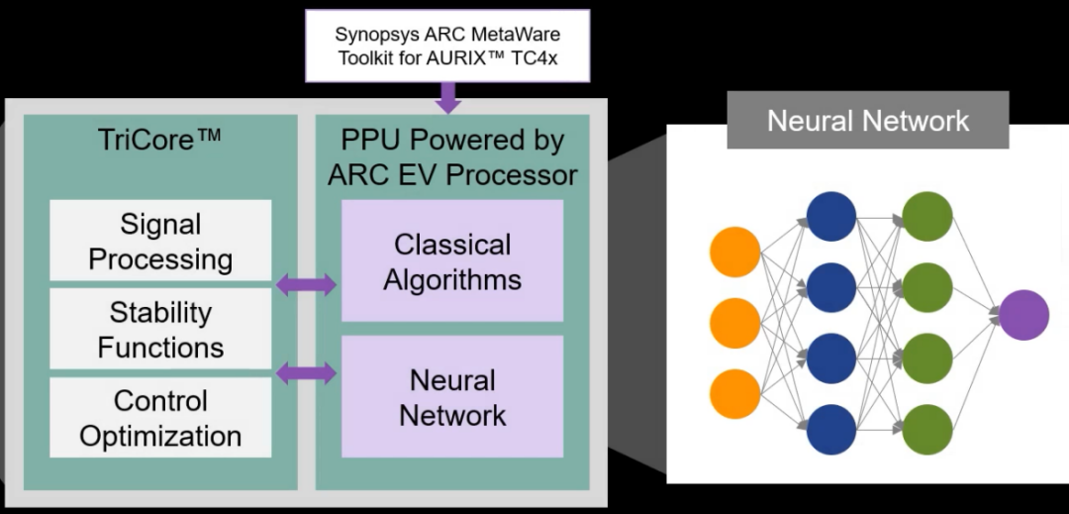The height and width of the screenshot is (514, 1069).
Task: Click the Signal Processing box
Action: (x=160, y=242)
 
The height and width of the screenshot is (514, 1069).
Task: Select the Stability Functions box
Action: (x=160, y=330)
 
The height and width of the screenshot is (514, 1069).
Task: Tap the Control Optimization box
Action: (x=160, y=418)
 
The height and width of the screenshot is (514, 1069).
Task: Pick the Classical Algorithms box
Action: (x=452, y=261)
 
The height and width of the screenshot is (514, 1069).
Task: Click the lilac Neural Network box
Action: (x=452, y=397)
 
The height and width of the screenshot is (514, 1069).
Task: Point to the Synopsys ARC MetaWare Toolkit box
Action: (x=447, y=46)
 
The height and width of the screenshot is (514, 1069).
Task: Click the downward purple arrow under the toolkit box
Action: (x=448, y=97)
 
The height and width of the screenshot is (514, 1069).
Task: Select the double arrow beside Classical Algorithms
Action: (x=306, y=285)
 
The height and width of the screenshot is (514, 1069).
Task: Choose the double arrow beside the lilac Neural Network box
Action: (x=306, y=373)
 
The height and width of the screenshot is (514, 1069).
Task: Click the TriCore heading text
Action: (x=160, y=140)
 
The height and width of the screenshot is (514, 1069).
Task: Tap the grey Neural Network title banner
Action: (x=868, y=121)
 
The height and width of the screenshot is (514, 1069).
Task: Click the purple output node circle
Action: (x=1022, y=315)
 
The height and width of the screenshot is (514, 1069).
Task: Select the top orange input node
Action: (x=734, y=252)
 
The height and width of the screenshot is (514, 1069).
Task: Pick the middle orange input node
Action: (x=734, y=323)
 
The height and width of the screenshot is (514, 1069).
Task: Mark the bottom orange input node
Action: (x=734, y=393)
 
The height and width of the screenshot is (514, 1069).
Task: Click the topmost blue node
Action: (x=831, y=216)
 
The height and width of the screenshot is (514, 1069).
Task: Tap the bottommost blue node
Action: (x=831, y=430)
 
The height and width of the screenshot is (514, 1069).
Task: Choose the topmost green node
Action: (x=927, y=216)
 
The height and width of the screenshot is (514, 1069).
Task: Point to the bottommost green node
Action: (x=927, y=430)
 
